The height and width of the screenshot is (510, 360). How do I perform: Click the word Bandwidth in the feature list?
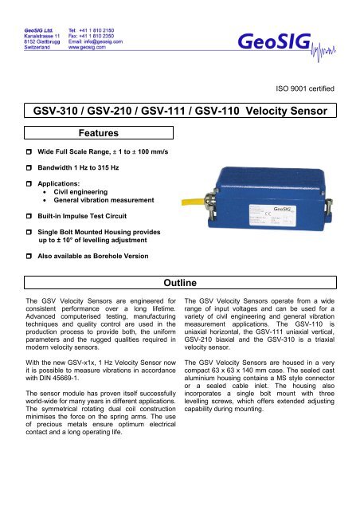coord(47,168)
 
